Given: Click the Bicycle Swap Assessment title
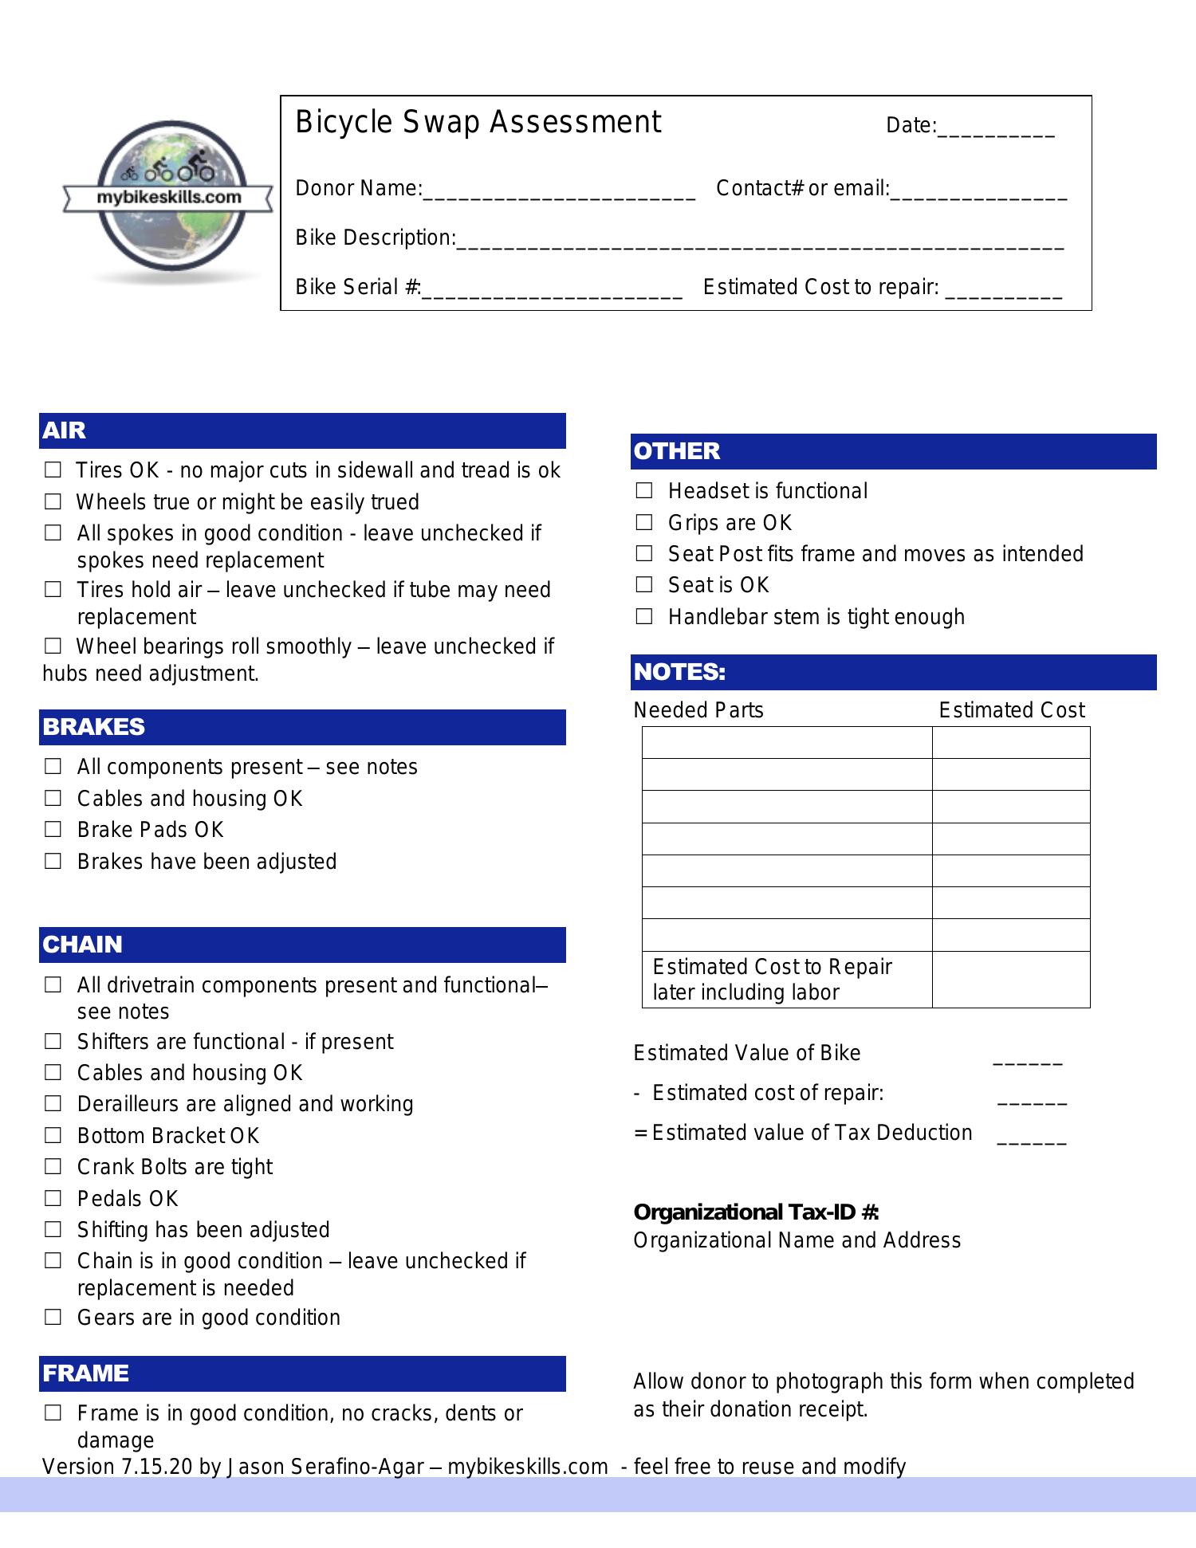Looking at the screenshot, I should pos(478,123).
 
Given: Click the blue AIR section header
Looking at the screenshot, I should pos(302,430).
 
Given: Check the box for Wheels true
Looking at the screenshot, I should pos(53,502).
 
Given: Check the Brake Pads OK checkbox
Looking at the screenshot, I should pos(53,830).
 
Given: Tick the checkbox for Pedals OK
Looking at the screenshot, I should pos(53,1198).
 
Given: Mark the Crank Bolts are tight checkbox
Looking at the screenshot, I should pos(53,1167).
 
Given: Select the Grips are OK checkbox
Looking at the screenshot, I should pos(644,523).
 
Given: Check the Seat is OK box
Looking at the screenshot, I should pos(644,585).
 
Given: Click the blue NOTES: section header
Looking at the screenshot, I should pos(893,672).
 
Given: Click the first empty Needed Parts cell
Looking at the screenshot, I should pos(786,742).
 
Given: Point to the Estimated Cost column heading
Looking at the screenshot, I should pos(1011,710).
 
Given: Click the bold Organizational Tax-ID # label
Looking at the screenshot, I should pos(756,1212).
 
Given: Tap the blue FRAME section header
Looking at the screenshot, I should pos(302,1373).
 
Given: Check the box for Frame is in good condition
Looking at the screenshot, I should pos(53,1413).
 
